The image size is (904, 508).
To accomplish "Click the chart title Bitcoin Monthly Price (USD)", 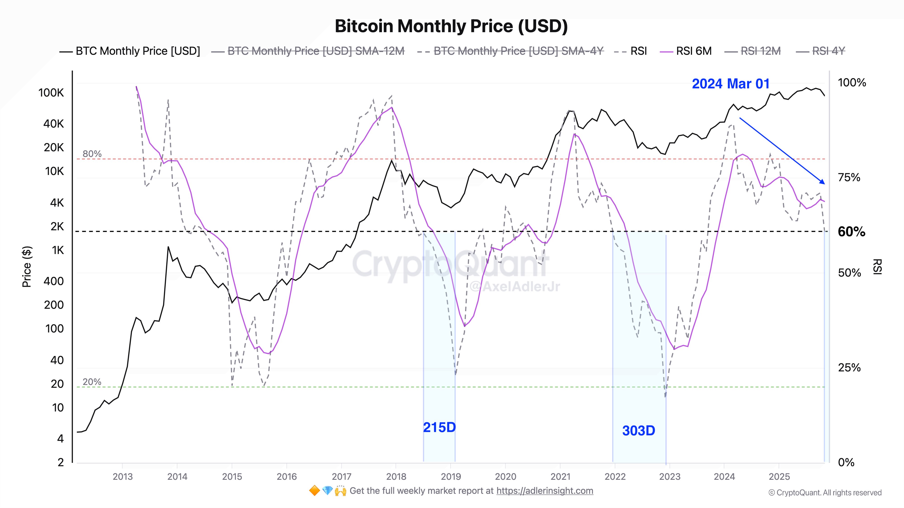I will click(451, 26).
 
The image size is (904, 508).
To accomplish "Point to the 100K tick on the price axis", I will click(51, 93).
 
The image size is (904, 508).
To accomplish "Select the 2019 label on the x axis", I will click(451, 476).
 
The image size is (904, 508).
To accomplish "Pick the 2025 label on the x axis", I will click(779, 476).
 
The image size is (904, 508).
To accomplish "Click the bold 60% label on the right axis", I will click(851, 232).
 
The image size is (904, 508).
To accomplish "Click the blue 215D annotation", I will click(439, 427).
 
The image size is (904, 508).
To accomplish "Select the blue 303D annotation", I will click(639, 431).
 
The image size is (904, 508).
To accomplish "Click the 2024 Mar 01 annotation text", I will click(731, 84).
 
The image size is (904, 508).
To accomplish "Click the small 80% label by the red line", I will click(92, 154).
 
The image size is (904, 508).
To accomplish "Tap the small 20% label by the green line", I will click(92, 382).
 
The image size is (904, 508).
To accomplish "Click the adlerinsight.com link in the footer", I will click(545, 491).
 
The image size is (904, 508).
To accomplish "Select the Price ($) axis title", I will click(27, 266).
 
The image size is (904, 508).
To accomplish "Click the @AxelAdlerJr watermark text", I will click(514, 287).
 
